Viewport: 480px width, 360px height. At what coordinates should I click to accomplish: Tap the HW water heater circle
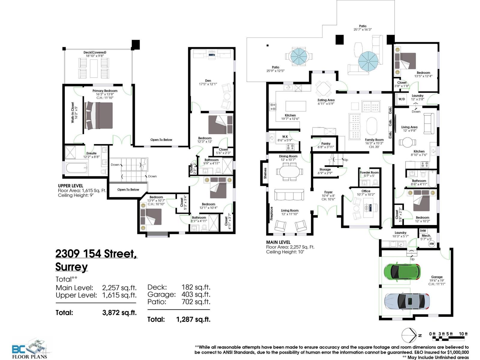(x=431, y=244)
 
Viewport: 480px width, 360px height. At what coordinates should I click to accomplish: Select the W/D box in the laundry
(x=401, y=99)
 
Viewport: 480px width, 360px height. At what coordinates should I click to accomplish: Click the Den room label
(x=208, y=80)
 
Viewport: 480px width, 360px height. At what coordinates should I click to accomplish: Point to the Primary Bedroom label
(x=105, y=91)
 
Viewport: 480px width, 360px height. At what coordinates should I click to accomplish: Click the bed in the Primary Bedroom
(x=99, y=116)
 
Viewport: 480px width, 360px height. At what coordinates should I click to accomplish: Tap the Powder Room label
(x=369, y=172)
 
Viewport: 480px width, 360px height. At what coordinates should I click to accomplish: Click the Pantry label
(x=325, y=143)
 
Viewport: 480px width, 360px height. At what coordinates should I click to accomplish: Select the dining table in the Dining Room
(x=289, y=172)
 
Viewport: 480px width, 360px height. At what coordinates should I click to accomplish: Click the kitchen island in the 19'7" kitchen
(x=296, y=106)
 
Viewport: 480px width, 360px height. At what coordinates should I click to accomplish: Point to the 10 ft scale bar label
(x=463, y=334)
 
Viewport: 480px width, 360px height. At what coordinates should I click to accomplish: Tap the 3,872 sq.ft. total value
(x=119, y=313)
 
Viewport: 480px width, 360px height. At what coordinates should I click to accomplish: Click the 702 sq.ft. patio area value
(x=196, y=302)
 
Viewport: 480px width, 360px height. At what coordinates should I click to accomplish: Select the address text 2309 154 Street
(x=96, y=254)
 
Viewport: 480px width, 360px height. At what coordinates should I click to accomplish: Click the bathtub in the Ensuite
(x=76, y=168)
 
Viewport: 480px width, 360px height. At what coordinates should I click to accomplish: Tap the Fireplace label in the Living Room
(x=271, y=213)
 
